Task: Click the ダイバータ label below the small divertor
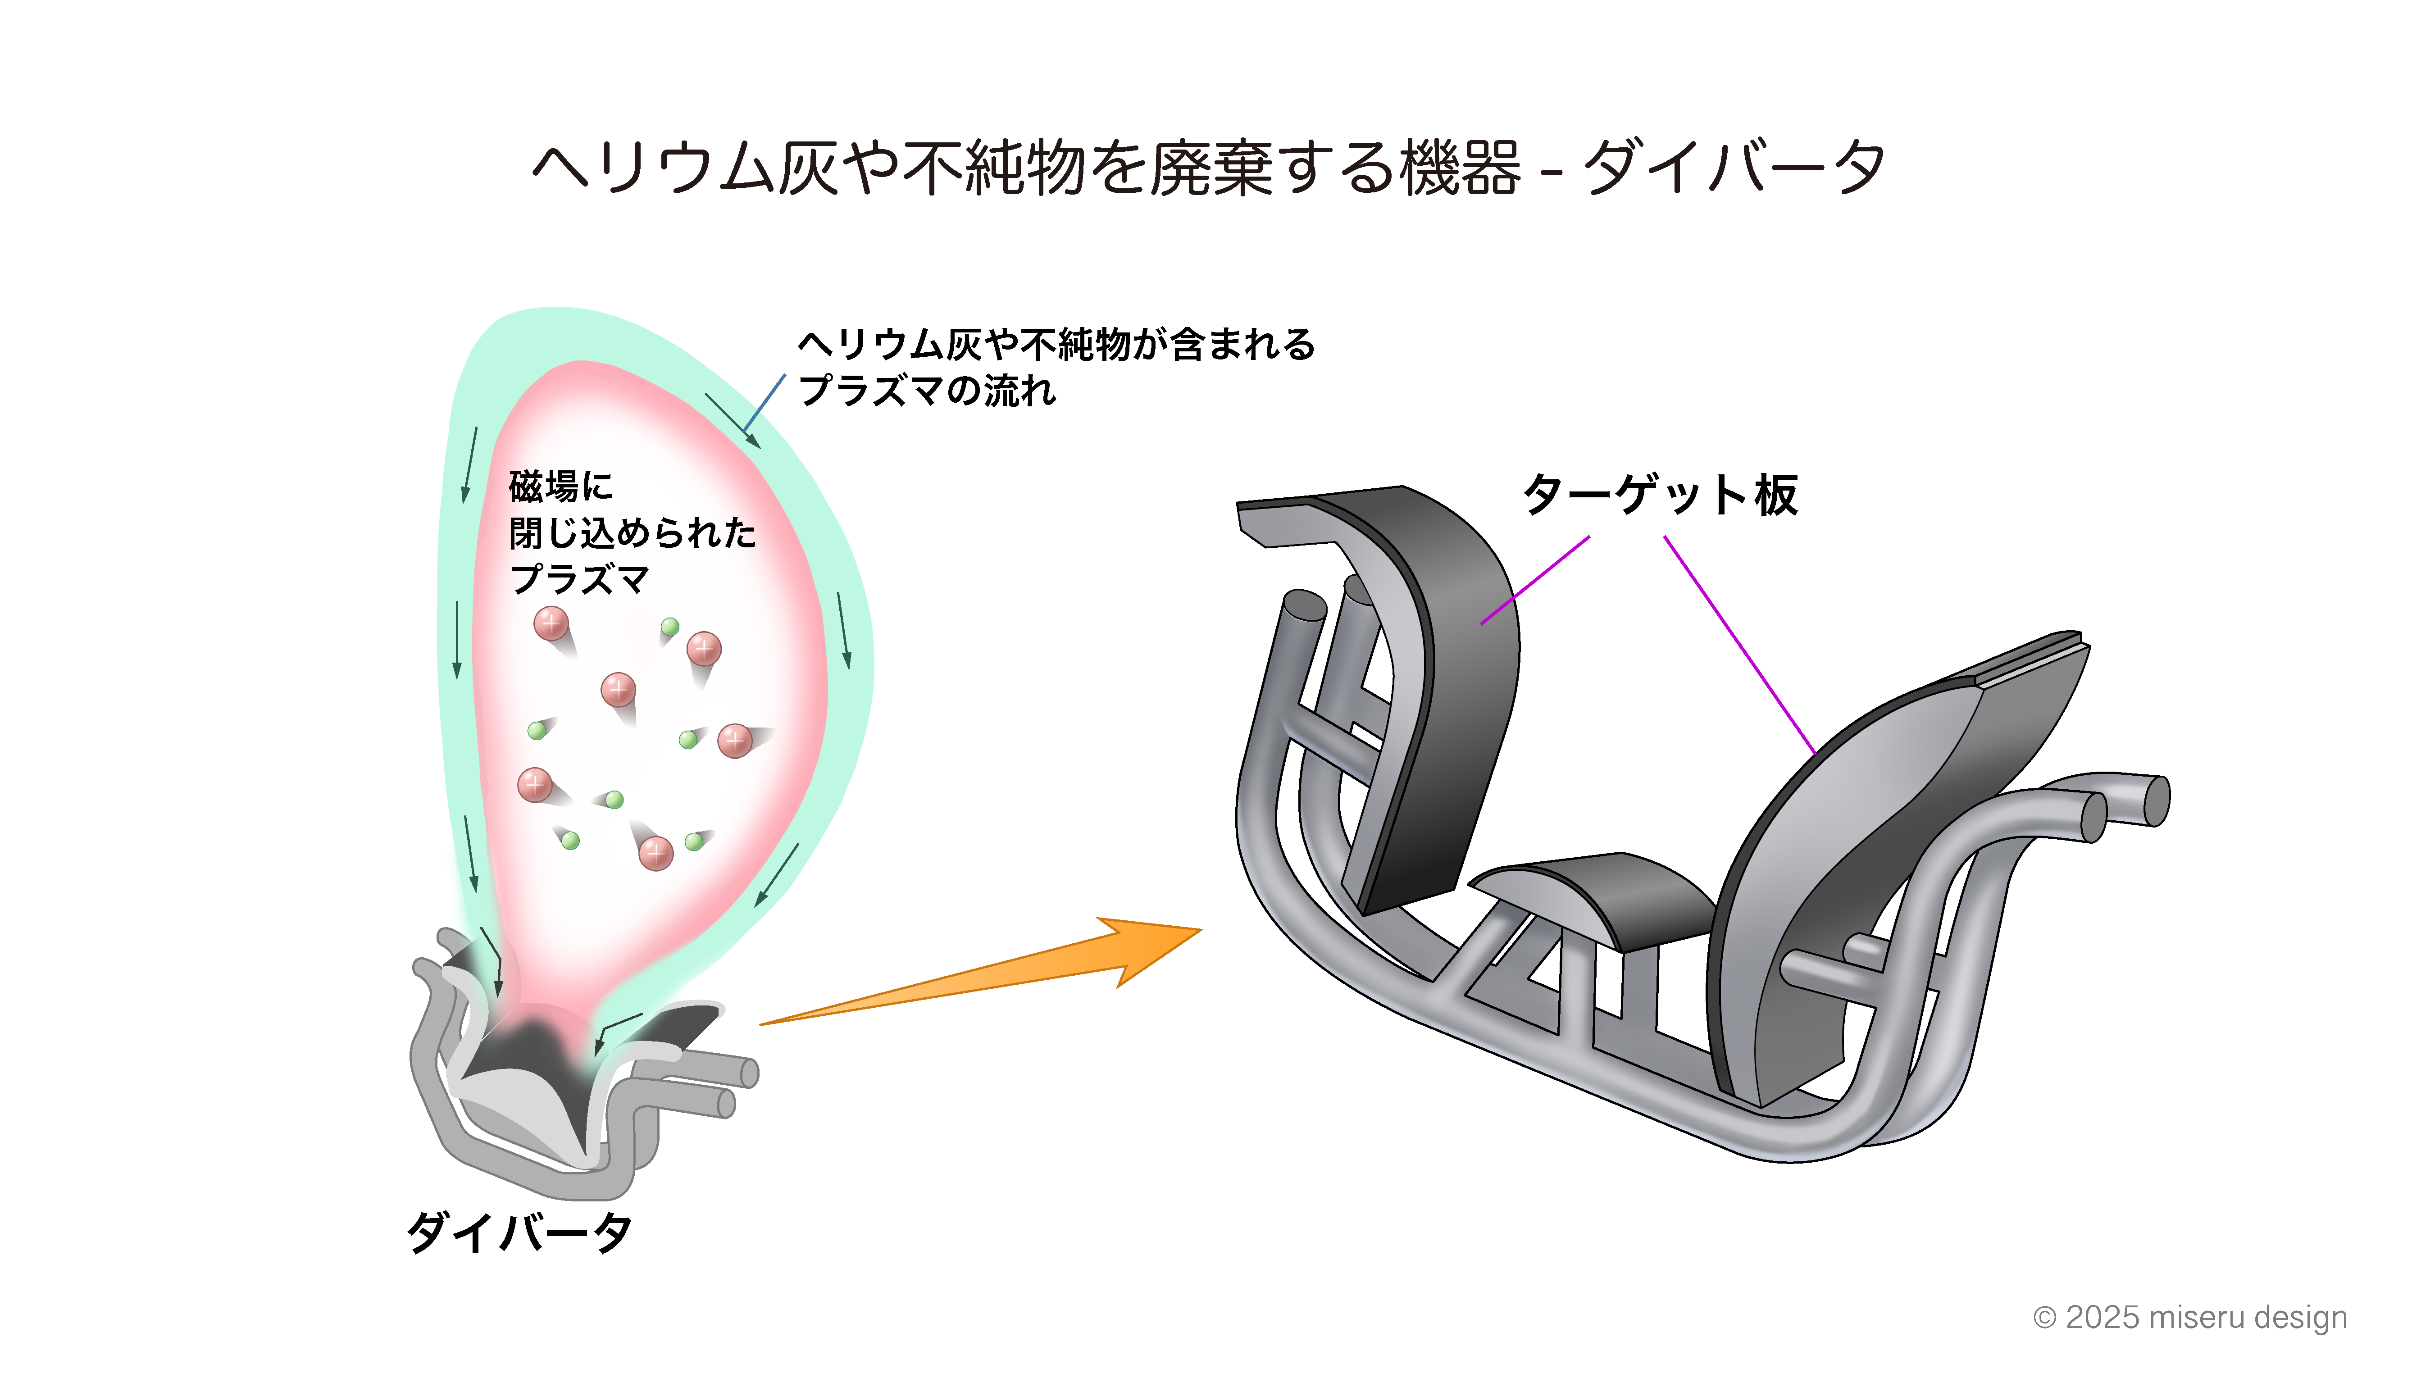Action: click(519, 1232)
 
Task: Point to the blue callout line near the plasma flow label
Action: click(765, 402)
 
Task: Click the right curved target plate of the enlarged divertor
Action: click(1855, 852)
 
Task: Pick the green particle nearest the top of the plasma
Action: click(670, 627)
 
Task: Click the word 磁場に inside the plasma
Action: click(560, 487)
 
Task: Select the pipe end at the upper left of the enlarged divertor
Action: click(1304, 606)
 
